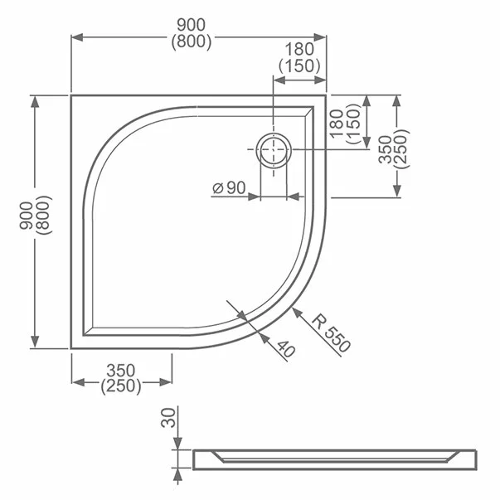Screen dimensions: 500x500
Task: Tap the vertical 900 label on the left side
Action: pyautogui.click(x=27, y=216)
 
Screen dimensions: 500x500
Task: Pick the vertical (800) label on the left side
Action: pyautogui.click(x=42, y=216)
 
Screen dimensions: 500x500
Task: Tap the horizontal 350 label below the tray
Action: pyautogui.click(x=121, y=371)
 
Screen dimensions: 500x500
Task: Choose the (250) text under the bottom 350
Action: pyautogui.click(x=121, y=386)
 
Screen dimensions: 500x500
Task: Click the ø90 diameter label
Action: pyautogui.click(x=229, y=188)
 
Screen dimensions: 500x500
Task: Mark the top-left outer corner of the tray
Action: pyautogui.click(x=71, y=95)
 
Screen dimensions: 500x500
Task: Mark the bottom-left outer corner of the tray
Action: pyautogui.click(x=71, y=349)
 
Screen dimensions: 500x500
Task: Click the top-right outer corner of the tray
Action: pyautogui.click(x=326, y=95)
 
